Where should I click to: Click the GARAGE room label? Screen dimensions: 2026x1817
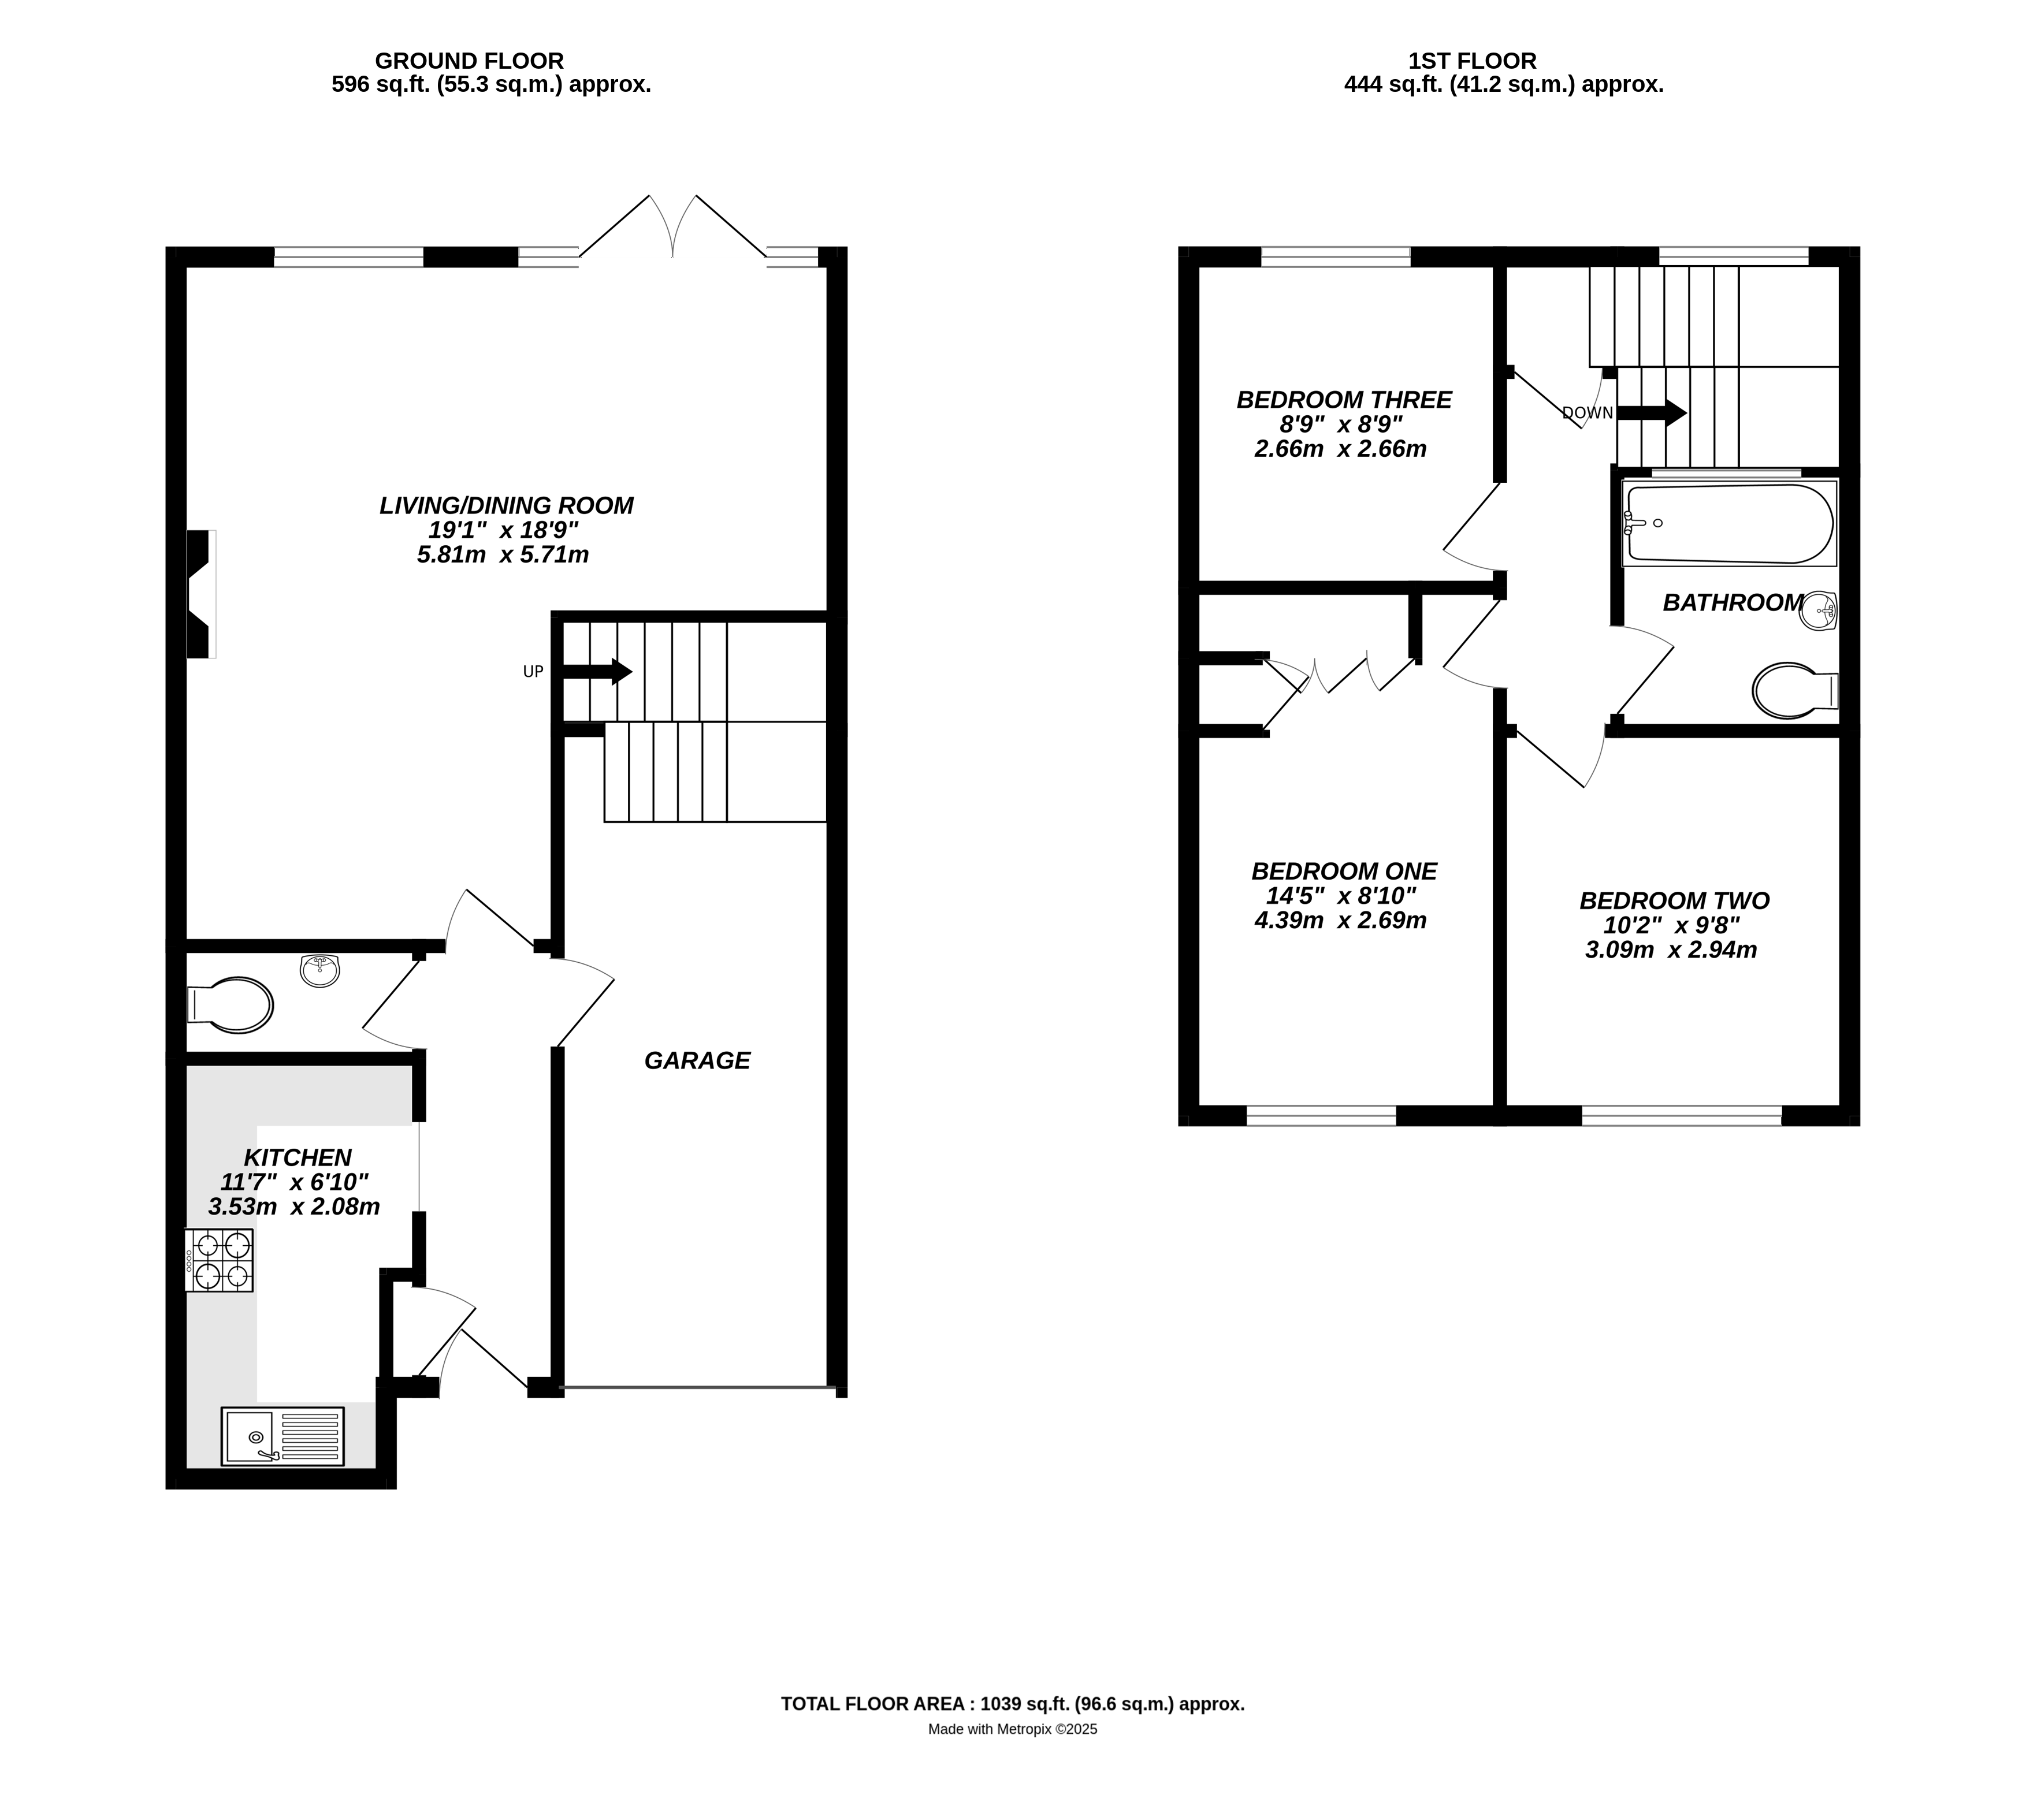click(697, 1060)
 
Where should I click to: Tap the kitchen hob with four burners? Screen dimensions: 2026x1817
click(219, 1260)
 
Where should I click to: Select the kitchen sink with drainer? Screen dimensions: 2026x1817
click(282, 1436)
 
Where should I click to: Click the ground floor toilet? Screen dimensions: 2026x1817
click(231, 1003)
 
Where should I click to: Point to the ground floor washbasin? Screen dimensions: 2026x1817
click(319, 969)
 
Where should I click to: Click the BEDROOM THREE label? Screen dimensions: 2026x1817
click(1344, 399)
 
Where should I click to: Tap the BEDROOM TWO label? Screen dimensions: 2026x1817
click(1675, 900)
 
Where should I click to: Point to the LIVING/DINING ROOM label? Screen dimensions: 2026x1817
click(506, 505)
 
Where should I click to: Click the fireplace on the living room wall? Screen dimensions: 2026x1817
click(200, 594)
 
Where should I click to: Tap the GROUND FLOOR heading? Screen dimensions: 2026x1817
click(469, 61)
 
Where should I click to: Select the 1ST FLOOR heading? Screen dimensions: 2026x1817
click(1472, 61)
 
